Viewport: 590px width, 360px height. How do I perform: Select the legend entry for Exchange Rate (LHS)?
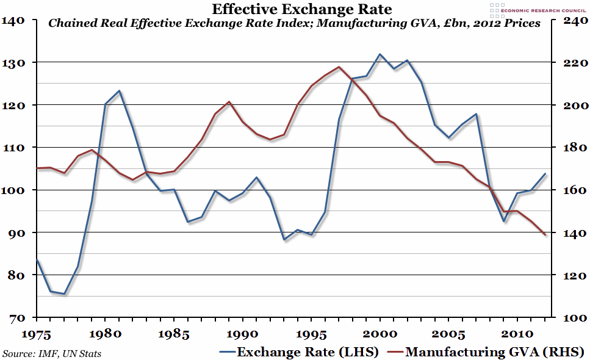(x=299, y=352)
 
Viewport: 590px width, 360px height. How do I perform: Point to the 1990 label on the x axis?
(x=243, y=334)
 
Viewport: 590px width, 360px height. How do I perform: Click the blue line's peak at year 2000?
(x=380, y=54)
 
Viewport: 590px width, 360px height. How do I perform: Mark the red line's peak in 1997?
(x=339, y=67)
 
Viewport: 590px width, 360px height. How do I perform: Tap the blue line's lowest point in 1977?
(x=64, y=294)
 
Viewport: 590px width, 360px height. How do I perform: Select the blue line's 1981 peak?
(x=119, y=91)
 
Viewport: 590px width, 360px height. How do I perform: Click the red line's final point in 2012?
(x=545, y=235)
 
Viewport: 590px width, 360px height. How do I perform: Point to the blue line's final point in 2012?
(x=545, y=174)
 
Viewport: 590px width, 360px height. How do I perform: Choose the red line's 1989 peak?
(x=229, y=102)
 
